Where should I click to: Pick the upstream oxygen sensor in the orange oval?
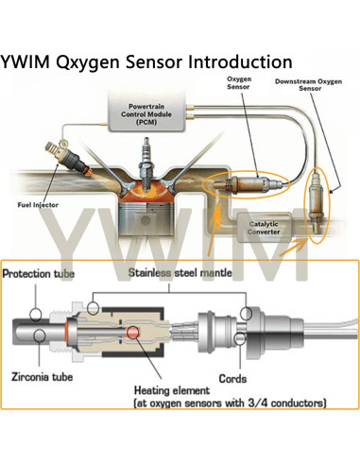tap(243, 187)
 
